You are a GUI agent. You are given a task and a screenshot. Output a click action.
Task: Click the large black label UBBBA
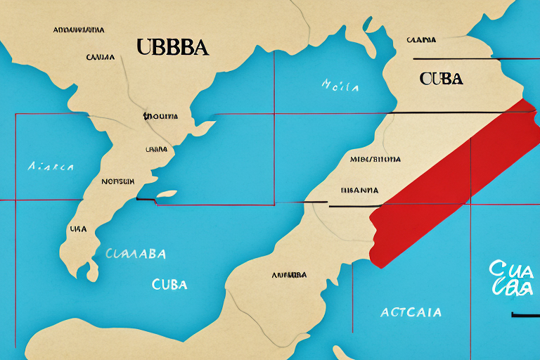click(x=172, y=48)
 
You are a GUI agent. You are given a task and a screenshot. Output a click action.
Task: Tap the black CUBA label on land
click(x=441, y=78)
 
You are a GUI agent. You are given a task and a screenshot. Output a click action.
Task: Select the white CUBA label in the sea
click(x=169, y=285)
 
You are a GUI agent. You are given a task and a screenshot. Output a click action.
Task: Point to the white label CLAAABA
click(x=136, y=255)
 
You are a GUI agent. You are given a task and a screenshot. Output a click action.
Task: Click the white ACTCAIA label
click(x=411, y=311)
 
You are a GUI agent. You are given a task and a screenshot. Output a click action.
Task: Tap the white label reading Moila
click(x=340, y=87)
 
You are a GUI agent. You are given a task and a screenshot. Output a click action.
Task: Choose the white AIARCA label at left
click(x=51, y=167)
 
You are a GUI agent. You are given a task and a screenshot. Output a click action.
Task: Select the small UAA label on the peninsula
click(x=79, y=229)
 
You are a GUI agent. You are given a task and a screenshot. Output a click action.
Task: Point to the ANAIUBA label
click(x=289, y=274)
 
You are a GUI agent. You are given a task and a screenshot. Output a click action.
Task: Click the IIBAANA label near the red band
click(x=359, y=190)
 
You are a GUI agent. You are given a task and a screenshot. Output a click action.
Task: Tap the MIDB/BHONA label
click(x=375, y=159)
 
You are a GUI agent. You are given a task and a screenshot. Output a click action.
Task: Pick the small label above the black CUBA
click(x=420, y=40)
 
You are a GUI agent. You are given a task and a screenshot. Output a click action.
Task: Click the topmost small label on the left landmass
click(x=78, y=30)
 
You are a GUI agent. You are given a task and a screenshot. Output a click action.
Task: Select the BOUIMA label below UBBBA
click(x=160, y=116)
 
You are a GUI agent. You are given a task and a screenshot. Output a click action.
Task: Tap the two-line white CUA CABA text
click(x=509, y=278)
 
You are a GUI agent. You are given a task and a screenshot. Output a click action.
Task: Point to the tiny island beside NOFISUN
click(x=167, y=194)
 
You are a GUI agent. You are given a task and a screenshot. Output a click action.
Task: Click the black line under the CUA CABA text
click(x=525, y=314)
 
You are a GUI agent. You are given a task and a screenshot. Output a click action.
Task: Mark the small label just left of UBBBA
click(x=101, y=56)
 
